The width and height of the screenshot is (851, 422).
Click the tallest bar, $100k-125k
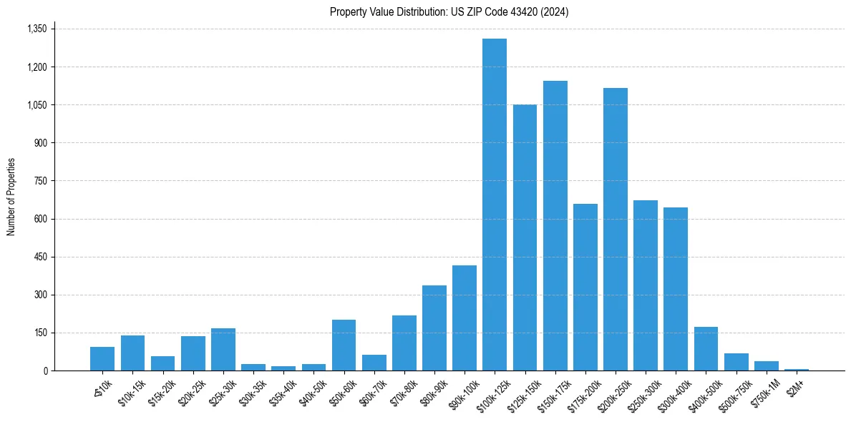(495, 205)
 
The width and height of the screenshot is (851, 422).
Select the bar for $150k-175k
(555, 225)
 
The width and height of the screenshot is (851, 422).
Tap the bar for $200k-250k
(616, 229)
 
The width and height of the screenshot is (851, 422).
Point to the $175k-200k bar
(585, 287)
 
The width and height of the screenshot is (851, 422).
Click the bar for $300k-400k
(676, 289)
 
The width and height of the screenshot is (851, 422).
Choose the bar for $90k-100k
(465, 318)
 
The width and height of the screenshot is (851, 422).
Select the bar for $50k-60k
(344, 345)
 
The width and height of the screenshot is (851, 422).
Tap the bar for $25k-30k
(223, 349)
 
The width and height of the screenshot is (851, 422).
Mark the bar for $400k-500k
(706, 348)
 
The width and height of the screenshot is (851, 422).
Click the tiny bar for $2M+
(796, 369)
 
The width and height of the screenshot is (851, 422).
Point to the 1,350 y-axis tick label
(37, 29)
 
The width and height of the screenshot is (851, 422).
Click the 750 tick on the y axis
(40, 181)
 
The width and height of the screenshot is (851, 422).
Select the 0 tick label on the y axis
(45, 371)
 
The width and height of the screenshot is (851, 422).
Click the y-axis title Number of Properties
(11, 197)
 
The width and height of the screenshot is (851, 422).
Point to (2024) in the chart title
(555, 12)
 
